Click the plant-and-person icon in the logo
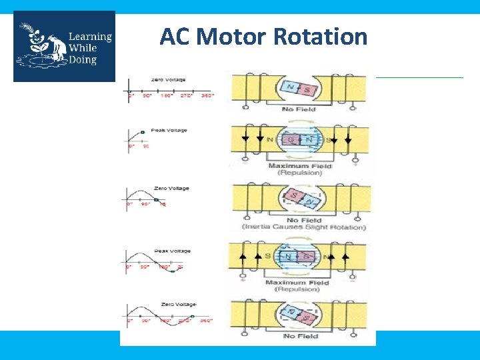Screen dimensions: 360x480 40,45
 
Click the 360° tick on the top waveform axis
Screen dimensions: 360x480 208,95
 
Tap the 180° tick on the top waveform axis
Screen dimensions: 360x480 167,95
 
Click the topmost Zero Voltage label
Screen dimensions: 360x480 169,80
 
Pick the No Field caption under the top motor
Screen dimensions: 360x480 297,109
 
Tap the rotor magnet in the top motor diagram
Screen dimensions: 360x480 297,89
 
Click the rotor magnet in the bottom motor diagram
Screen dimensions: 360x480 297,314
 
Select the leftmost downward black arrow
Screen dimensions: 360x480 245,138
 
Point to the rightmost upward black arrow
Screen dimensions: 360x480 345,255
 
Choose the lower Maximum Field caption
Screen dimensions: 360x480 297,283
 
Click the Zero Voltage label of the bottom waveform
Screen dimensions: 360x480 171,306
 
